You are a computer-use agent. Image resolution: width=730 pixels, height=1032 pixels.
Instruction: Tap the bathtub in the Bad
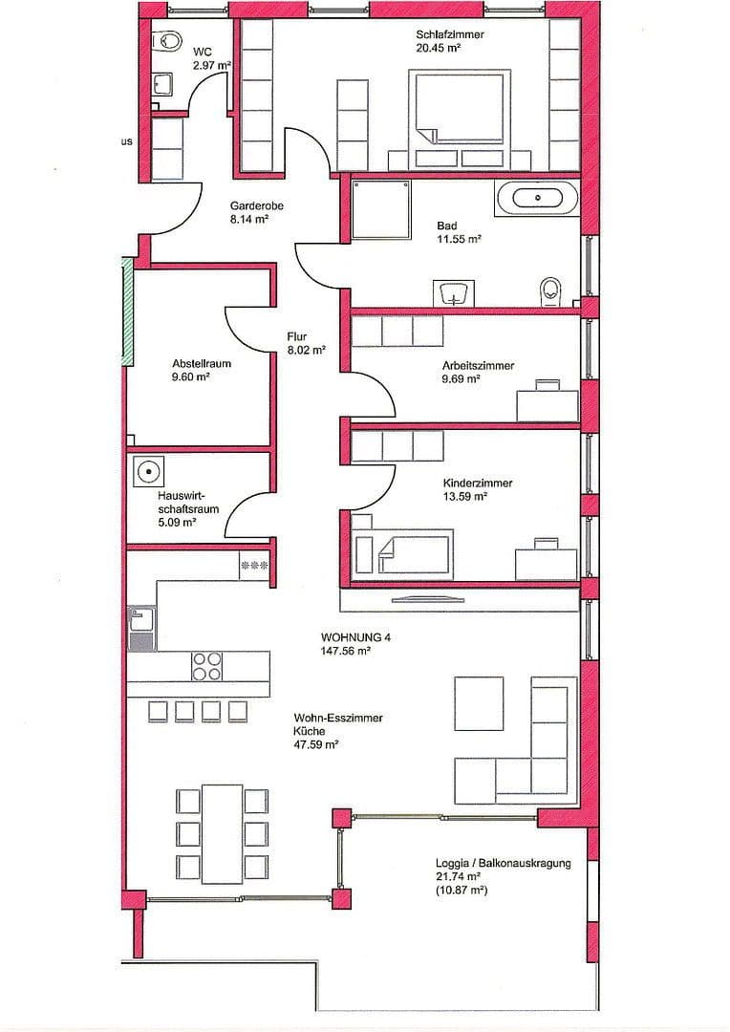click(536, 198)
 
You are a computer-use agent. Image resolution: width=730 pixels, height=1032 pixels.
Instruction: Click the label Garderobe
click(256, 205)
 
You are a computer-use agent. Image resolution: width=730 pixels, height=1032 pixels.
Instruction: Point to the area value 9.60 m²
click(191, 376)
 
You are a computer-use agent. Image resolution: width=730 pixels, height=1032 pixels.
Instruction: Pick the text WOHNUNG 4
click(356, 637)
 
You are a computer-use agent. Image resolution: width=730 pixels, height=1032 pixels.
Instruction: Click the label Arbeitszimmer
click(478, 366)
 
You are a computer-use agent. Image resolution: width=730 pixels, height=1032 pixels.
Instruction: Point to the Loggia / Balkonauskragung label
click(502, 863)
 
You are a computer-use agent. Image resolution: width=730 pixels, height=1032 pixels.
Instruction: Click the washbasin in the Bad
click(455, 292)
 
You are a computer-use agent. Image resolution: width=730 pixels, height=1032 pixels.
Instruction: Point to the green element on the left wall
click(126, 311)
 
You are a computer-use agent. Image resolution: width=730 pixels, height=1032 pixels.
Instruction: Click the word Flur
click(297, 337)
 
